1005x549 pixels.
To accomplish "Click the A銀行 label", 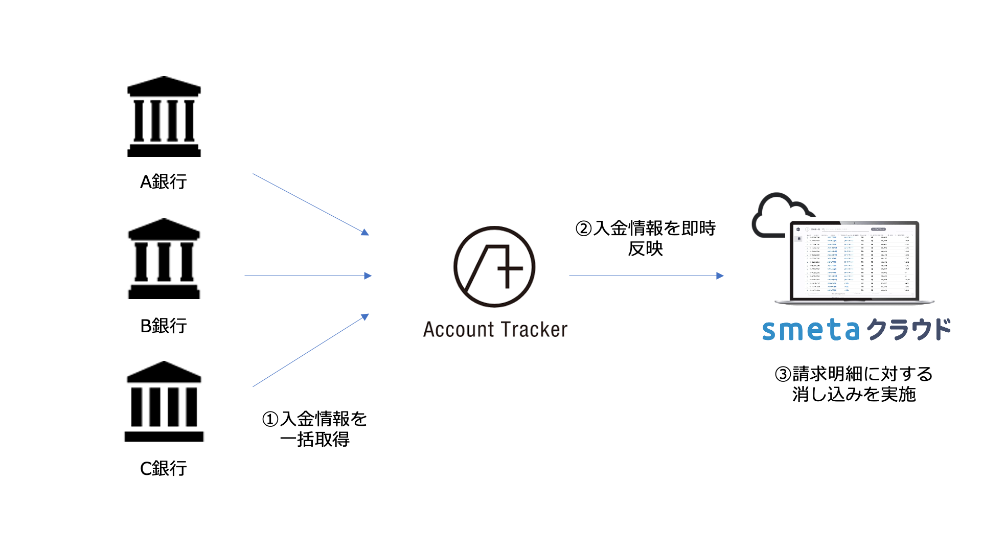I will click(164, 181).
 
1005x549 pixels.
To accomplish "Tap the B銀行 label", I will click(164, 326).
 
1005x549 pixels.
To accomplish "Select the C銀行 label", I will click(164, 468).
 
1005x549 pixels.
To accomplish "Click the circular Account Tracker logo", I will click(494, 267).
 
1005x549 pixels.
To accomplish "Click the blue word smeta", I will click(811, 330).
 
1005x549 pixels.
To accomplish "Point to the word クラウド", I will click(909, 330).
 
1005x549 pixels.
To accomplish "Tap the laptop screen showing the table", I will click(854, 261).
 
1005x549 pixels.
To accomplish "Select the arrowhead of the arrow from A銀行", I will click(365, 233).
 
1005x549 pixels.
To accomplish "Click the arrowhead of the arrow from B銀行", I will click(368, 276).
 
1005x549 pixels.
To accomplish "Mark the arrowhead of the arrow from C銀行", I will click(365, 316).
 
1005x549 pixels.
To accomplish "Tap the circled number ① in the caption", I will click(270, 420).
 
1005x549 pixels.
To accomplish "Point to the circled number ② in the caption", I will click(583, 228).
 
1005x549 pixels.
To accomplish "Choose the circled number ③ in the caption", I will click(783, 375).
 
